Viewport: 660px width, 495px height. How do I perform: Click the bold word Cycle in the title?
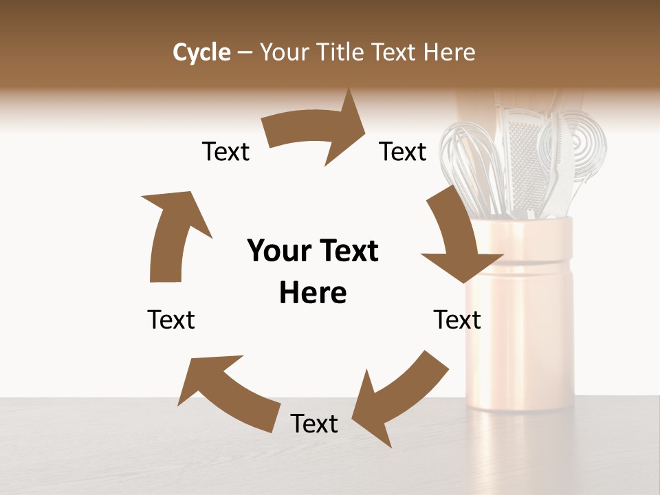[201, 52]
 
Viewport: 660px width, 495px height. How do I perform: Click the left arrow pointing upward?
[171, 234]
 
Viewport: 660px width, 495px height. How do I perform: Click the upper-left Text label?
[225, 152]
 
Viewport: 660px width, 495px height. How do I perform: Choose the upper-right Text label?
[403, 152]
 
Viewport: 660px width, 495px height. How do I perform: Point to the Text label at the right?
[457, 320]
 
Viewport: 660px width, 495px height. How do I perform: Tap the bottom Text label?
[314, 424]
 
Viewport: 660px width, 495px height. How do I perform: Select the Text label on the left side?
[171, 320]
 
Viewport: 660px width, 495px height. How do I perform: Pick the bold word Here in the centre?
[313, 293]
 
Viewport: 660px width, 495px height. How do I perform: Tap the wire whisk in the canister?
[472, 165]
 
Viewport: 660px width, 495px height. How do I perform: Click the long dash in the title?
[245, 52]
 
